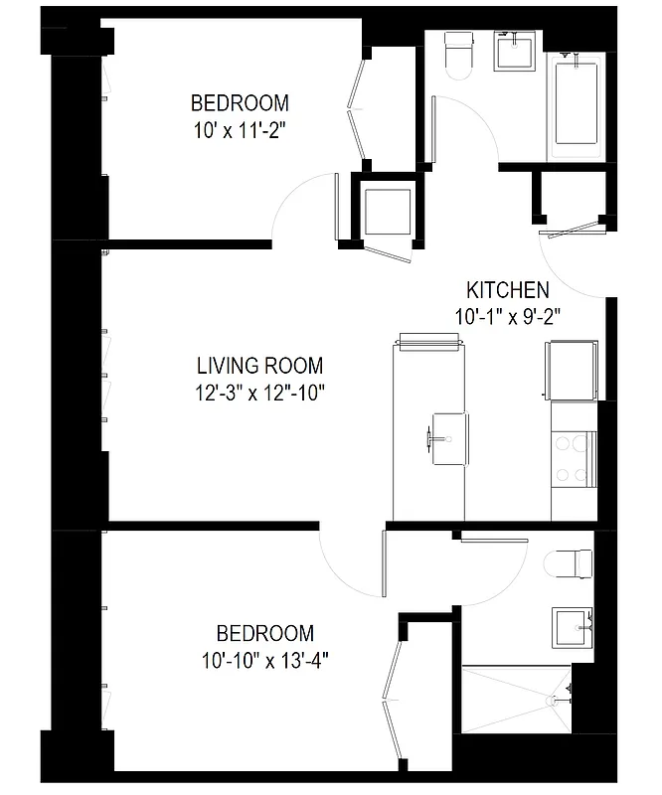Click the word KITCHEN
[x=507, y=290]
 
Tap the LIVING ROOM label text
[x=259, y=366]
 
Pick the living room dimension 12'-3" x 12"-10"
[x=259, y=392]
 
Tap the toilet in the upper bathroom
[x=458, y=56]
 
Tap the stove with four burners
[x=574, y=460]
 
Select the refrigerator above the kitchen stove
[x=572, y=371]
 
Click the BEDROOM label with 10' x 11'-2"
[x=240, y=102]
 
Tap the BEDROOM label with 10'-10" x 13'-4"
[x=265, y=633]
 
